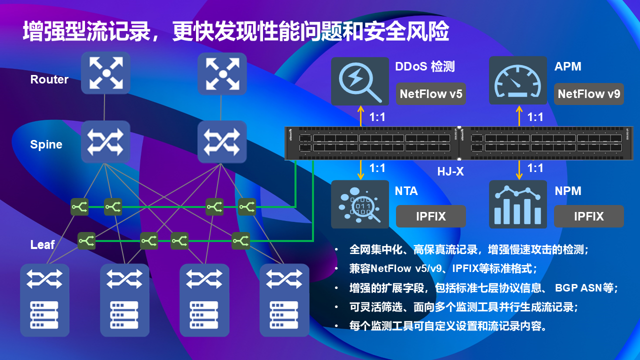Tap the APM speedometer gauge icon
(x=517, y=81)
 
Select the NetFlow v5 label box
(x=430, y=94)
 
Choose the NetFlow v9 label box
(x=588, y=94)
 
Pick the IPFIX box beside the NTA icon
(x=430, y=216)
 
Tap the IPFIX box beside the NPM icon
(x=588, y=216)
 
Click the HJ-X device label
(x=450, y=171)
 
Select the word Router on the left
(x=49, y=79)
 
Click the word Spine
(x=46, y=144)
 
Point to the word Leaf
(x=42, y=244)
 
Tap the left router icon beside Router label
(x=105, y=73)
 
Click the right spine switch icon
(x=222, y=141)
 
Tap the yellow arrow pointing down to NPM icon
(x=519, y=170)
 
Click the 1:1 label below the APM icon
(x=535, y=117)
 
